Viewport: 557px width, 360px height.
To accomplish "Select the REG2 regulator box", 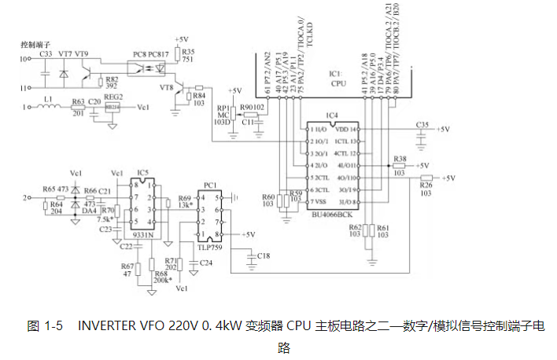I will click(113, 106).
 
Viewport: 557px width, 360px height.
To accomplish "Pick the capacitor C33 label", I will click(46, 53).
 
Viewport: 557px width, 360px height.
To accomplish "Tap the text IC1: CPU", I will click(338, 76).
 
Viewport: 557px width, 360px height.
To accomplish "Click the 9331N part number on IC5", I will click(142, 233).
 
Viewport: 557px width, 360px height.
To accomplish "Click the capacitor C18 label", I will click(263, 255).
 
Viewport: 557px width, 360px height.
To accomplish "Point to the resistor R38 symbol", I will click(400, 167).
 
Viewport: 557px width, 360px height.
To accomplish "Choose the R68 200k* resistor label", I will click(163, 276).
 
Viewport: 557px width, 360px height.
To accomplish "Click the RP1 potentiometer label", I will click(221, 109).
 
